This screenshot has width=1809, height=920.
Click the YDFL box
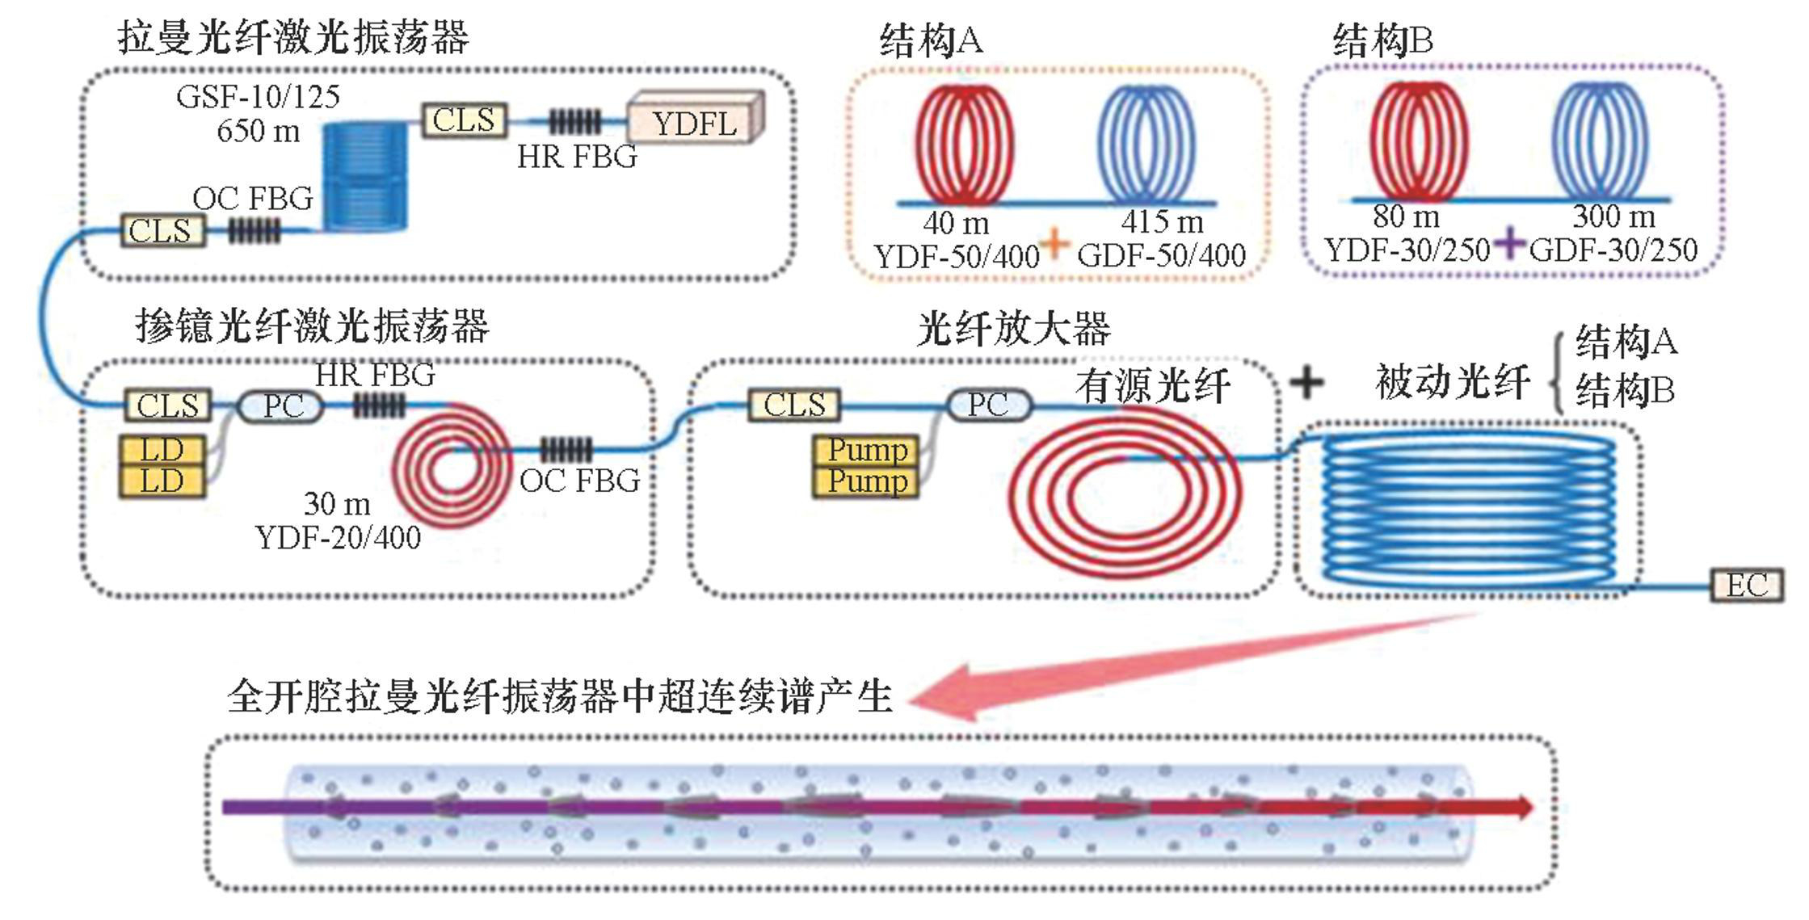click(x=694, y=121)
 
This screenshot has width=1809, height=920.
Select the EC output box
click(x=1746, y=585)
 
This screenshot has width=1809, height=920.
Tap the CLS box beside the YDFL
click(x=464, y=120)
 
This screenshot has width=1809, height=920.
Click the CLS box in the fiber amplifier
click(x=794, y=405)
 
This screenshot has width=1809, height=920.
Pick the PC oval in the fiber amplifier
click(x=987, y=404)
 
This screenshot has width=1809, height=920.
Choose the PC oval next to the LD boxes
click(x=283, y=405)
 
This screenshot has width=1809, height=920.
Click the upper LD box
click(x=162, y=450)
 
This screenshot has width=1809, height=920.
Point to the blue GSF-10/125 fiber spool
click(x=365, y=176)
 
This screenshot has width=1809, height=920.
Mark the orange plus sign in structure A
click(x=1055, y=242)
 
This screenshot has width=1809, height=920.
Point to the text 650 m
click(x=258, y=131)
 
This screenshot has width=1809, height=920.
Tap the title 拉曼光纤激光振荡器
click(x=292, y=36)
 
